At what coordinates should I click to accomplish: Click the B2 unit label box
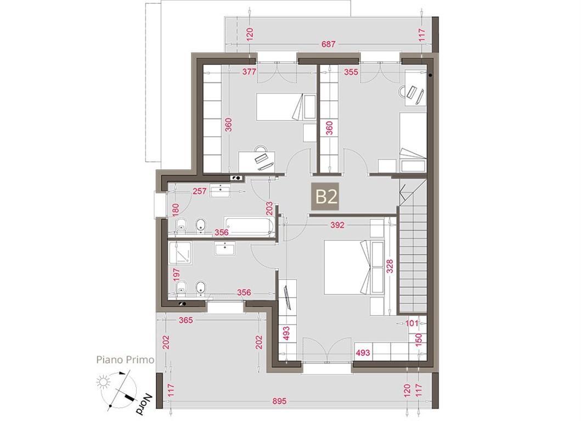coord(326,197)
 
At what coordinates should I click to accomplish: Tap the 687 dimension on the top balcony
coord(328,44)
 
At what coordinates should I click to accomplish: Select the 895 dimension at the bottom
coord(279,401)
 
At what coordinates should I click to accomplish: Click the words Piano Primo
coord(125,360)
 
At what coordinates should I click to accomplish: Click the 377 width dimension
coord(249,71)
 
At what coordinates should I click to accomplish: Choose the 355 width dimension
coord(351,71)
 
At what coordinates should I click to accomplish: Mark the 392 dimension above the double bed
coord(337,225)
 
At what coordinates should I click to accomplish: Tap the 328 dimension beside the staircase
coord(389,266)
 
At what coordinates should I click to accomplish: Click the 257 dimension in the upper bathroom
coord(199,191)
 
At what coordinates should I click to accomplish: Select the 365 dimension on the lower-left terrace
coord(185,320)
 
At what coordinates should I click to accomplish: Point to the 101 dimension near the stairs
coord(411,323)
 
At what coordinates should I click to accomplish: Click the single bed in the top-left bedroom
coord(286,107)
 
